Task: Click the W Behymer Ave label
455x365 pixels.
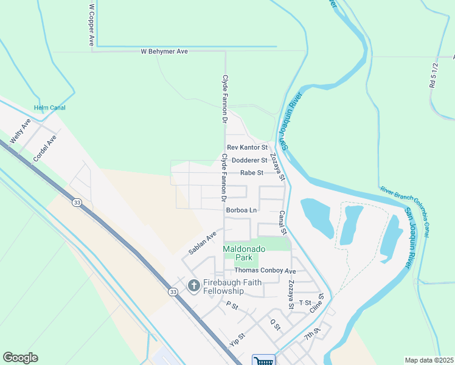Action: [164, 52]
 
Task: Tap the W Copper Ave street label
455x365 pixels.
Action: [92, 24]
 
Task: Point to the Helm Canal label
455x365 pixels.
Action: [50, 108]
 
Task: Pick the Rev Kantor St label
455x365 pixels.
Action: [247, 148]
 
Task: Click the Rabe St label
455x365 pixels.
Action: [251, 173]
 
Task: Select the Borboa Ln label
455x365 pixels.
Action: [241, 210]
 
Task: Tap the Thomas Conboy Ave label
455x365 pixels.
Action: [265, 271]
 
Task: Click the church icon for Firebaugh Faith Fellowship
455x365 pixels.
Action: [194, 285]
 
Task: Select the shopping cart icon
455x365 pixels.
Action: [264, 360]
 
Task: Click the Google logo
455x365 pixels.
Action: [20, 358]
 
